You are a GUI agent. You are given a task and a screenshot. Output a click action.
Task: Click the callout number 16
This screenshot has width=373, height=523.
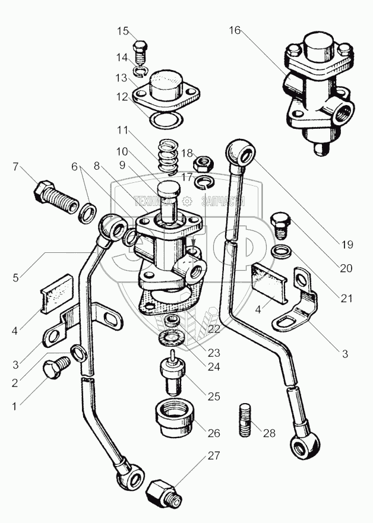pyautogui.click(x=235, y=30)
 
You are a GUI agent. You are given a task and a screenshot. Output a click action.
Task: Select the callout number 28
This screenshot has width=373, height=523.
pyautogui.click(x=269, y=433)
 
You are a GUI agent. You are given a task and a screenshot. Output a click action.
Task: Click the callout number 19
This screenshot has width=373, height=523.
pyautogui.click(x=347, y=243)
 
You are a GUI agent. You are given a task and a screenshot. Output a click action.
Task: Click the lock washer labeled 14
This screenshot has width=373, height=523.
pyautogui.click(x=140, y=72)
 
